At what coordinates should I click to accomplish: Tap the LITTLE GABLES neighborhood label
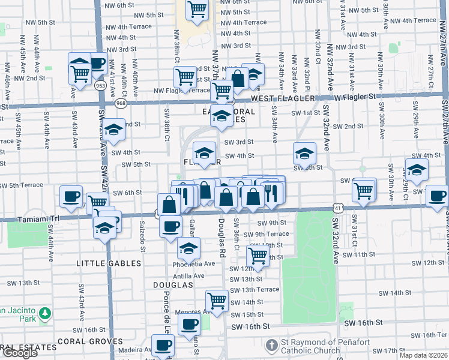[x=109, y=263]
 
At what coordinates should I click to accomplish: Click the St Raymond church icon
[x=273, y=345]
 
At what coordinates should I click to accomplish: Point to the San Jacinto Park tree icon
[x=44, y=313]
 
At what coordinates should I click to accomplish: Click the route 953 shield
[x=101, y=86]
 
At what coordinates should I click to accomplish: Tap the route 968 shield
[x=121, y=103]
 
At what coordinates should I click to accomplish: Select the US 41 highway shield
[x=340, y=208]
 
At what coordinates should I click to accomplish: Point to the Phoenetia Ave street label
[x=193, y=263]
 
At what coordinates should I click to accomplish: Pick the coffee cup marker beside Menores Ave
[x=190, y=325]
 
